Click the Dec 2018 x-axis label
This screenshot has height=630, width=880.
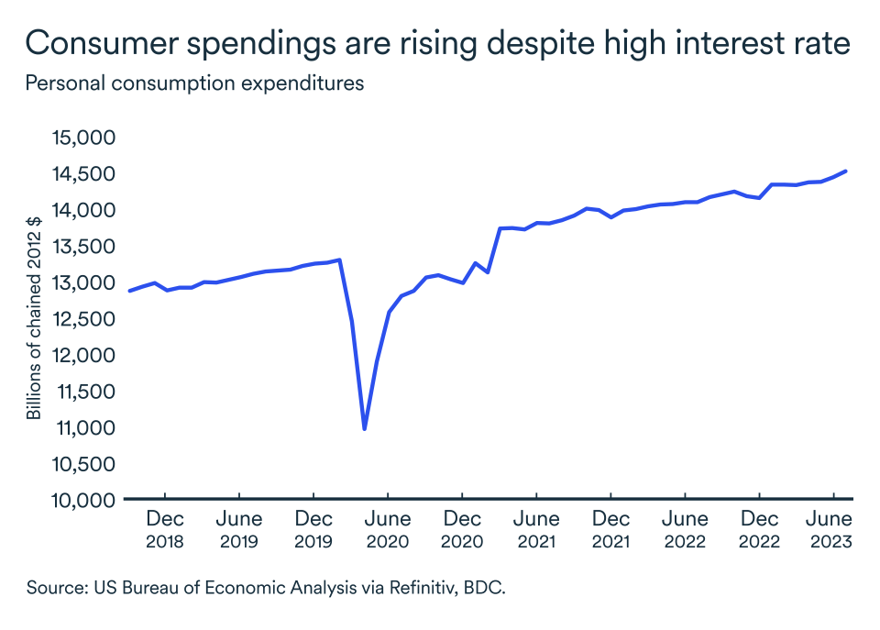point(165,530)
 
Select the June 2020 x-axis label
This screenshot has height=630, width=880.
point(388,530)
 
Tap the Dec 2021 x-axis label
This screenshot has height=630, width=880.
point(610,530)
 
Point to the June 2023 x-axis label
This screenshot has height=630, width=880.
point(832,530)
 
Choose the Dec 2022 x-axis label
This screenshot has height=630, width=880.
point(759,530)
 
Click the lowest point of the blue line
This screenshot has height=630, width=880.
point(365,428)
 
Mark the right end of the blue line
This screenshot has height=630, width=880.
point(846,171)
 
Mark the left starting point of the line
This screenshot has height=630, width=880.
point(129,291)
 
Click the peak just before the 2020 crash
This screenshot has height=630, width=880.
point(340,260)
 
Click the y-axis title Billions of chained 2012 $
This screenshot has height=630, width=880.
point(34,319)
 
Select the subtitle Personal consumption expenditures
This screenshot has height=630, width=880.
point(195,83)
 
